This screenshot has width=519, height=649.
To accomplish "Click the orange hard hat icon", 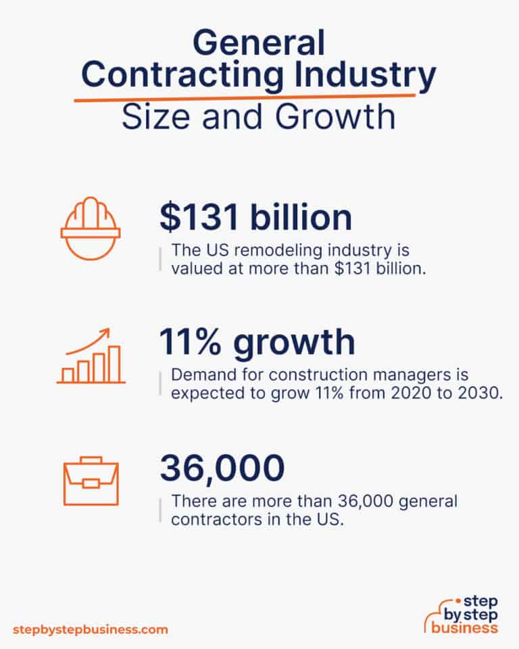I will coord(91,231).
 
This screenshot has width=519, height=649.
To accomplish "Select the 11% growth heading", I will coord(257,343).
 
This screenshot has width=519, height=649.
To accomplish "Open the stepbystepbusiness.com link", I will coord(90,629).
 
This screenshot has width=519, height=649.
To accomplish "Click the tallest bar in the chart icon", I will coord(115,364).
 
